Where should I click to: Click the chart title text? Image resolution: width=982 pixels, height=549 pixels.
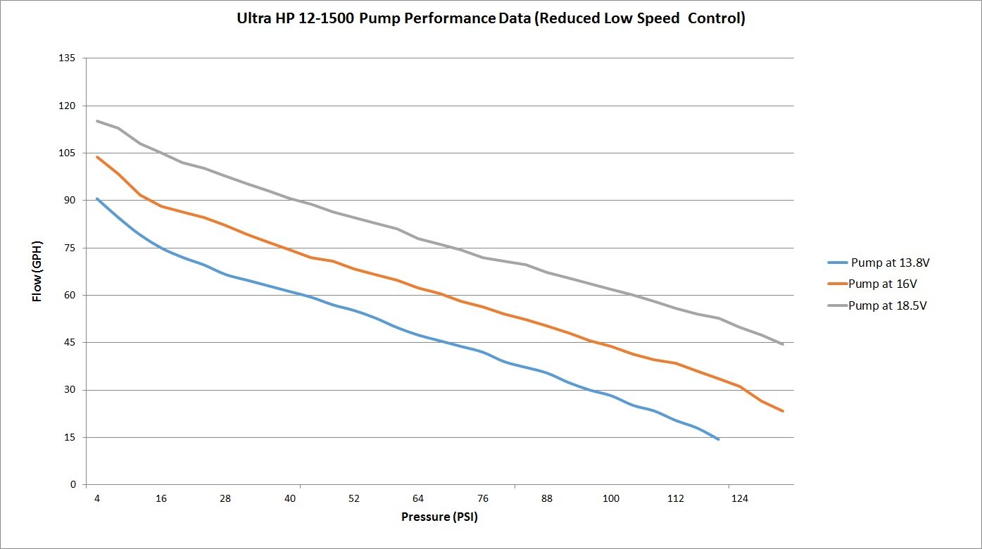[x=491, y=19]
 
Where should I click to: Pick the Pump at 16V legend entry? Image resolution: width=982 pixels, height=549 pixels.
[x=882, y=284]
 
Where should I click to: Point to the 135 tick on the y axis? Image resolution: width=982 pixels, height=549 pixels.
[x=68, y=58]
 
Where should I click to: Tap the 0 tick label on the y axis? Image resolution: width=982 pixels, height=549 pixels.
[x=73, y=485]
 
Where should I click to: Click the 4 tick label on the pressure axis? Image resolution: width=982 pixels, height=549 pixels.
[x=97, y=498]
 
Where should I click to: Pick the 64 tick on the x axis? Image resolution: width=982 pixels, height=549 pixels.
[x=418, y=498]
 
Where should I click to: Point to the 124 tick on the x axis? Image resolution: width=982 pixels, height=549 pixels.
[x=739, y=498]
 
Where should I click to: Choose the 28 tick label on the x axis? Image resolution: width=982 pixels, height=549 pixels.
[x=225, y=498]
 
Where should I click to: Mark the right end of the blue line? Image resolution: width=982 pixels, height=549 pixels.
[x=718, y=439]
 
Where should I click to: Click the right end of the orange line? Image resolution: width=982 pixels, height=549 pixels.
[x=783, y=411]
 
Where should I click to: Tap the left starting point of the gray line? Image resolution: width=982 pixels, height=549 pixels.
[x=97, y=121]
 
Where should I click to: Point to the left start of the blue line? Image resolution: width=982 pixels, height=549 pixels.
[x=97, y=198]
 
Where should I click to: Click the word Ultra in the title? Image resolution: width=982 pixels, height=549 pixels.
[x=256, y=19]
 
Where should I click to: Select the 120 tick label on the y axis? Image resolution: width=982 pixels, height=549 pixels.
[x=68, y=106]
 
